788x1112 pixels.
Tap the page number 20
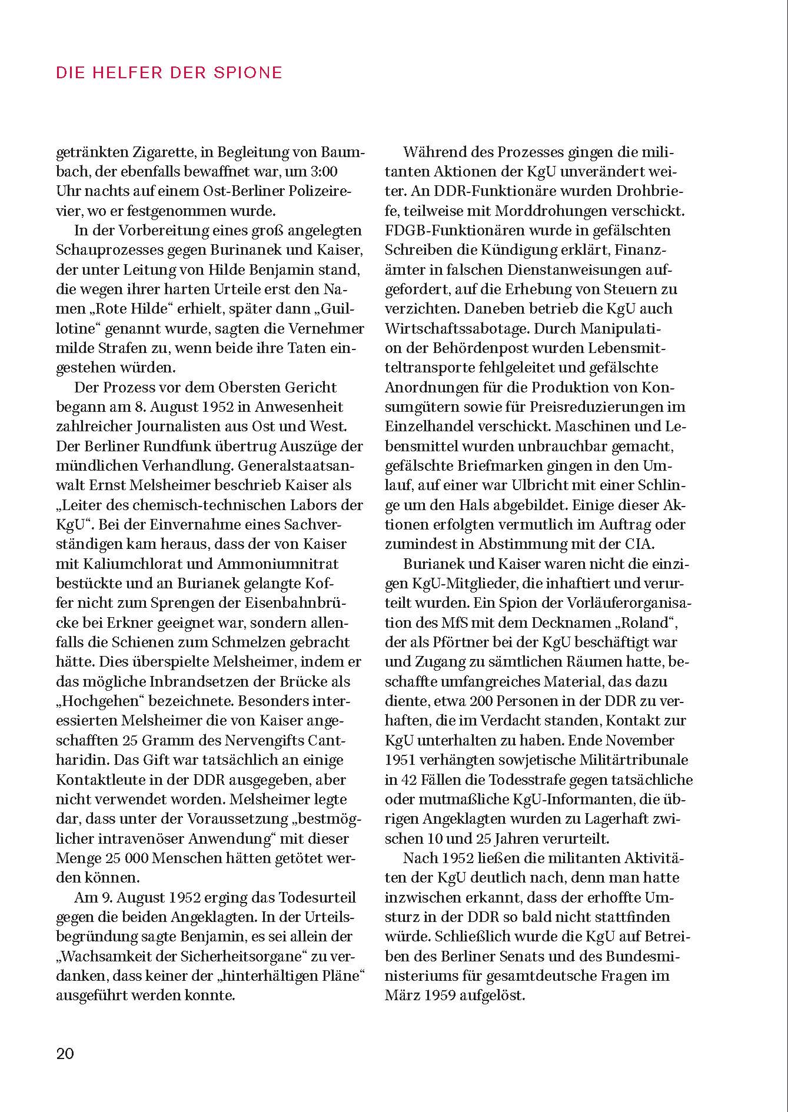point(65,1053)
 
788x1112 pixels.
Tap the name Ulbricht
point(559,485)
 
